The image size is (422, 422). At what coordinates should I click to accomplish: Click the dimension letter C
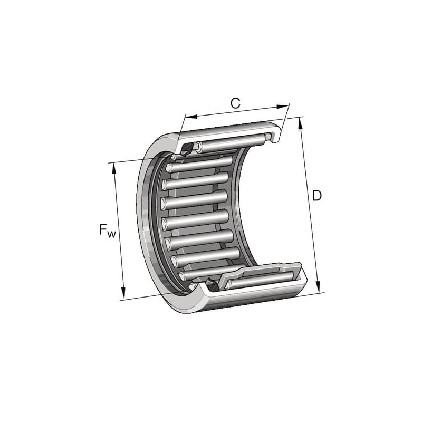tap(235, 103)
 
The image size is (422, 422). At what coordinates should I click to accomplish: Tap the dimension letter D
tap(317, 196)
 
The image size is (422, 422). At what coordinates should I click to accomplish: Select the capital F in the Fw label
tap(103, 229)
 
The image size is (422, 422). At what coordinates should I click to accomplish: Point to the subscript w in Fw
tap(111, 234)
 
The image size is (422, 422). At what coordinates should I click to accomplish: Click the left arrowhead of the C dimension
tap(191, 116)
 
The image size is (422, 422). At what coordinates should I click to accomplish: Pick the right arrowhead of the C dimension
tap(282, 107)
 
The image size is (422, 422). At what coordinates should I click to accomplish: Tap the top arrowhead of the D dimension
tap(301, 124)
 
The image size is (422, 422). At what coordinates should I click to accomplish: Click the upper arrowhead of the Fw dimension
tap(114, 169)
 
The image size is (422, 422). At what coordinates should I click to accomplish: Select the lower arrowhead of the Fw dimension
tap(123, 293)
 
